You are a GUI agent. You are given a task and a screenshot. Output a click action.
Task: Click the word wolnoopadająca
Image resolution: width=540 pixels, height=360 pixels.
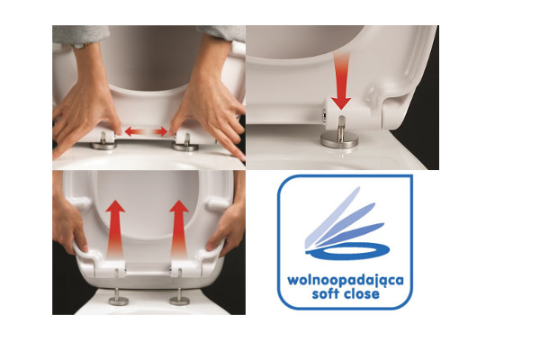(346, 281)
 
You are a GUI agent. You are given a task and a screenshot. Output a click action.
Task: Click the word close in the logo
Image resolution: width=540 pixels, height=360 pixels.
(362, 293)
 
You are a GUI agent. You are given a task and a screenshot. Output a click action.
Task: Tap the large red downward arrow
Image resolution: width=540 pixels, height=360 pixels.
(341, 81)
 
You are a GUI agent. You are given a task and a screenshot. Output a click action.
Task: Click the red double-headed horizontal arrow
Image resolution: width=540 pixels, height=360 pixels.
(146, 131)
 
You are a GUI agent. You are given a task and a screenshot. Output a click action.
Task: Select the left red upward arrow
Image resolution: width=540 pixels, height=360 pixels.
(115, 229)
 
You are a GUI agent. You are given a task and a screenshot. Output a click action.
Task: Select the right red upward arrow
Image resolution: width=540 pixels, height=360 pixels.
(179, 229)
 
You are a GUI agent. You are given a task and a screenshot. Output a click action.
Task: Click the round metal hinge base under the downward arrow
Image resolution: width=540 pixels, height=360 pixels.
(339, 139)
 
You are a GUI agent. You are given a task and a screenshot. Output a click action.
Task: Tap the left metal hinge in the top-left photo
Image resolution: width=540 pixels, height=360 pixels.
(103, 142)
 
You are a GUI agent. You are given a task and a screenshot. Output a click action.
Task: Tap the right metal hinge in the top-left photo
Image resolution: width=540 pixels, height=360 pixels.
(185, 143)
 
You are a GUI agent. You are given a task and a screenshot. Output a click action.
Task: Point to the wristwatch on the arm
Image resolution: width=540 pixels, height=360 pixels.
(83, 45)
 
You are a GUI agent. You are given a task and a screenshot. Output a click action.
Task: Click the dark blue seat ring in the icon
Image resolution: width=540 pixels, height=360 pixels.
(348, 250)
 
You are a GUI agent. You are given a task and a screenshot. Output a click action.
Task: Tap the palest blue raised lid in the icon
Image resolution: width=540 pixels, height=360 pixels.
(332, 217)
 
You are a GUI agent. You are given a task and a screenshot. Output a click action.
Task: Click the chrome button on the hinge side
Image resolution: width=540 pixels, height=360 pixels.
(324, 115)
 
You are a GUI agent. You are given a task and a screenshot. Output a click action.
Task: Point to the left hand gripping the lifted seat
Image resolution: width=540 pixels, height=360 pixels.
(68, 224)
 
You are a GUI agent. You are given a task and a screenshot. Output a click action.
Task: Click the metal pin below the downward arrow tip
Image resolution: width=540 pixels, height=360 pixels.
(341, 128)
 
